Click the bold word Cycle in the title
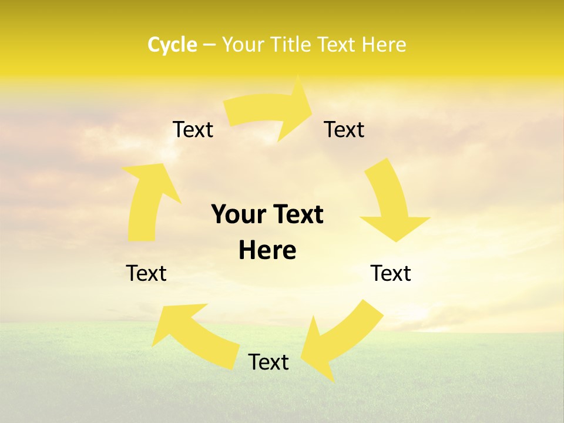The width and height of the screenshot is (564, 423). (172, 45)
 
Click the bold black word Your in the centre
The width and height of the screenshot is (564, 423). (239, 214)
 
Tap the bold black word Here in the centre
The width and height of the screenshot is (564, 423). (267, 250)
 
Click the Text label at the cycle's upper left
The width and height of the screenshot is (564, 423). (193, 129)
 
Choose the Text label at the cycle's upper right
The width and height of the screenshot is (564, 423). (344, 129)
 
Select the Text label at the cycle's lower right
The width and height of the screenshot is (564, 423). (391, 273)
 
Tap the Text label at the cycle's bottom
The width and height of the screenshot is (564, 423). (268, 362)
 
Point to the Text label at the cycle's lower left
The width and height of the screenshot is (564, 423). (146, 273)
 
